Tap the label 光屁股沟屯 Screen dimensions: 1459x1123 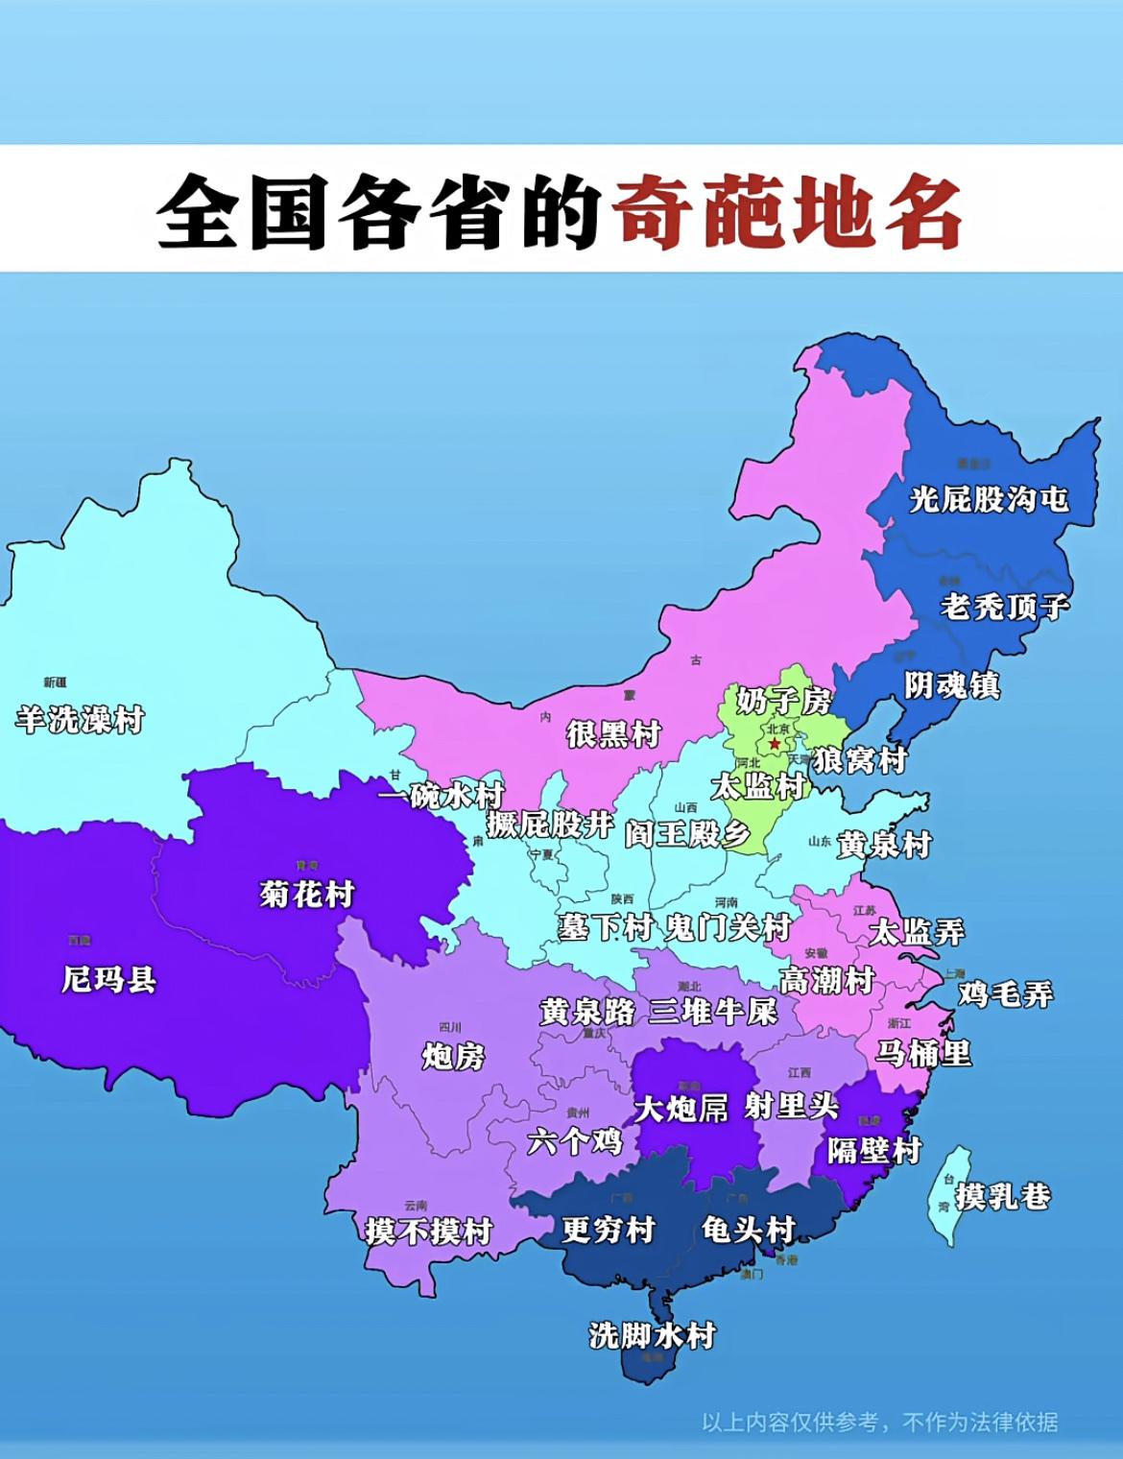(989, 499)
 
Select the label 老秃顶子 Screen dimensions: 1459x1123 (1004, 607)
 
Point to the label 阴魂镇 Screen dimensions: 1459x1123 (952, 685)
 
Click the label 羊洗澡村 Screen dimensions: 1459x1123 (80, 719)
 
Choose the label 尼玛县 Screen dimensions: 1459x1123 (108, 979)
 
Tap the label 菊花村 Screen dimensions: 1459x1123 (307, 895)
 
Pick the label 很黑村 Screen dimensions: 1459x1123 (613, 734)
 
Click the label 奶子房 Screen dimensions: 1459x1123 (784, 701)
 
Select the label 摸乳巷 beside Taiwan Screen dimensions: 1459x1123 (1002, 1196)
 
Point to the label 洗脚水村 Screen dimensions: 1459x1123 (653, 1335)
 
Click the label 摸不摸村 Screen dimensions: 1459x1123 (429, 1231)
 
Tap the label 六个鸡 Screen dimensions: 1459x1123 (575, 1141)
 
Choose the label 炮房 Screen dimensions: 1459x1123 (453, 1057)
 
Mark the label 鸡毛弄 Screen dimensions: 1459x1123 (1005, 993)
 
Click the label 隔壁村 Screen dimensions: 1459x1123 (874, 1150)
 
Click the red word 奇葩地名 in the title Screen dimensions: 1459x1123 (787, 211)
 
